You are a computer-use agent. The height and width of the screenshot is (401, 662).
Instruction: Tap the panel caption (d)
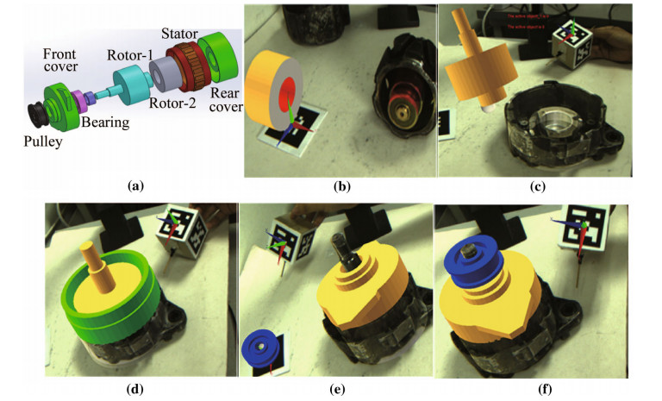coord(134,388)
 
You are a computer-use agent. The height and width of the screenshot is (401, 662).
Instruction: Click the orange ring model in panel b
coord(275,94)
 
